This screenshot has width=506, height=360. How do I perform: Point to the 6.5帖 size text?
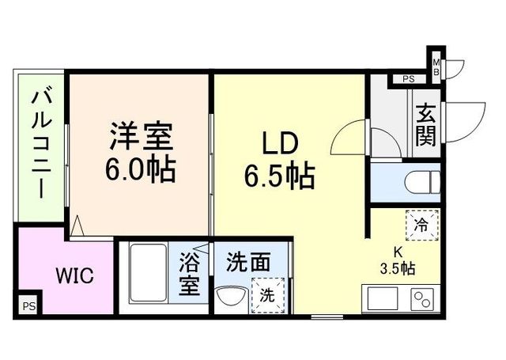[279, 176]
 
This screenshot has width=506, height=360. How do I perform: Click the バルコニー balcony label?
[38, 144]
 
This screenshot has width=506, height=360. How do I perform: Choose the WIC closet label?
[74, 276]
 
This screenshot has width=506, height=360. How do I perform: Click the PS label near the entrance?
[409, 79]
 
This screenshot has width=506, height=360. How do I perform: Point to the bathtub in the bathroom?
[147, 272]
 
